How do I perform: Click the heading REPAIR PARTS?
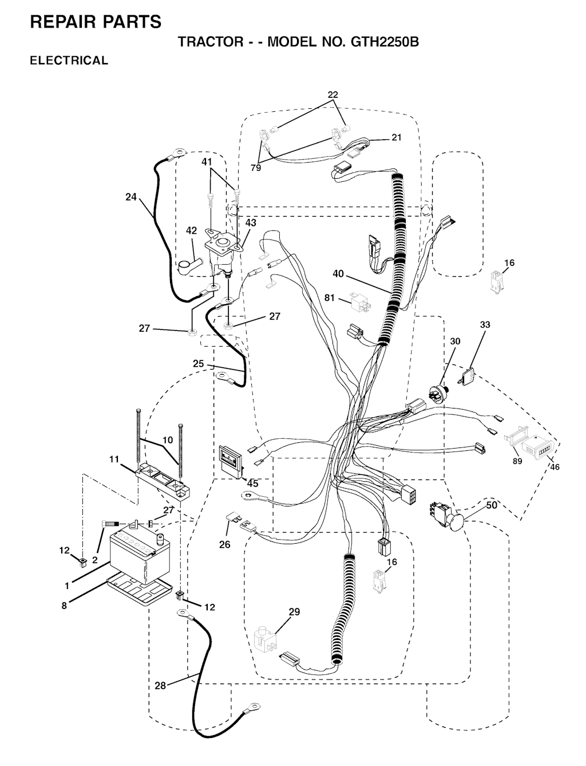tap(96, 22)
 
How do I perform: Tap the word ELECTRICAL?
tap(69, 61)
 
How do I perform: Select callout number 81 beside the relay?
tap(330, 298)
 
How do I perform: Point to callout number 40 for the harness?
tap(338, 274)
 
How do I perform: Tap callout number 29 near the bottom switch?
tap(294, 612)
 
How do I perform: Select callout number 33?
tap(485, 325)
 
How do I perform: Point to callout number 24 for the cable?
tap(131, 197)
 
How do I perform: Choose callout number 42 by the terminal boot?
tap(191, 230)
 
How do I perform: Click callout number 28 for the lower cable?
tap(160, 685)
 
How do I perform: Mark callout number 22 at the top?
tap(333, 95)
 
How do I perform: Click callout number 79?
tap(256, 168)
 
